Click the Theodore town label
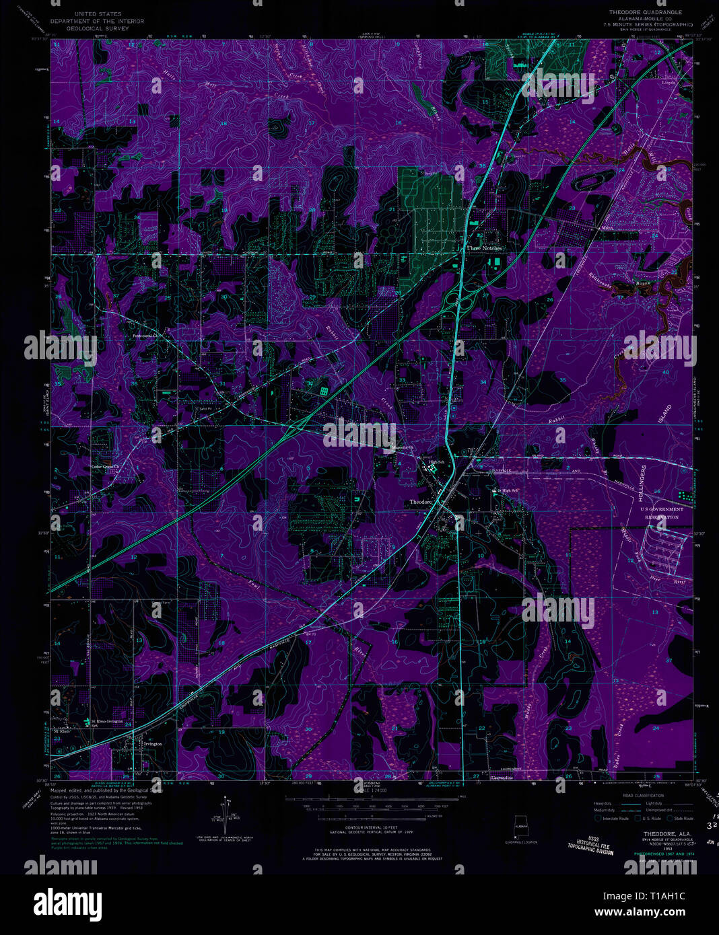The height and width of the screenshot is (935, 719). point(420,502)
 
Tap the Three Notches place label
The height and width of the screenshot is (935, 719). point(484,248)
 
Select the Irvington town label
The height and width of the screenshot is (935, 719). point(153,744)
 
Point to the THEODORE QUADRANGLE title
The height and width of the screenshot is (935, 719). point(645,12)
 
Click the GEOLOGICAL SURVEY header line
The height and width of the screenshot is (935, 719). point(98,29)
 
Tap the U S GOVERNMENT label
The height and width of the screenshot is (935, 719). point(661,509)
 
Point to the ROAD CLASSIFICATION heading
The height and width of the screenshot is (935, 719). point(642,795)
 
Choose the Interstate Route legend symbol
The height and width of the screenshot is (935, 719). point(598,818)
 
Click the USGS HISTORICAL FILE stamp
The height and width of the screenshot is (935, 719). point(590,845)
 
